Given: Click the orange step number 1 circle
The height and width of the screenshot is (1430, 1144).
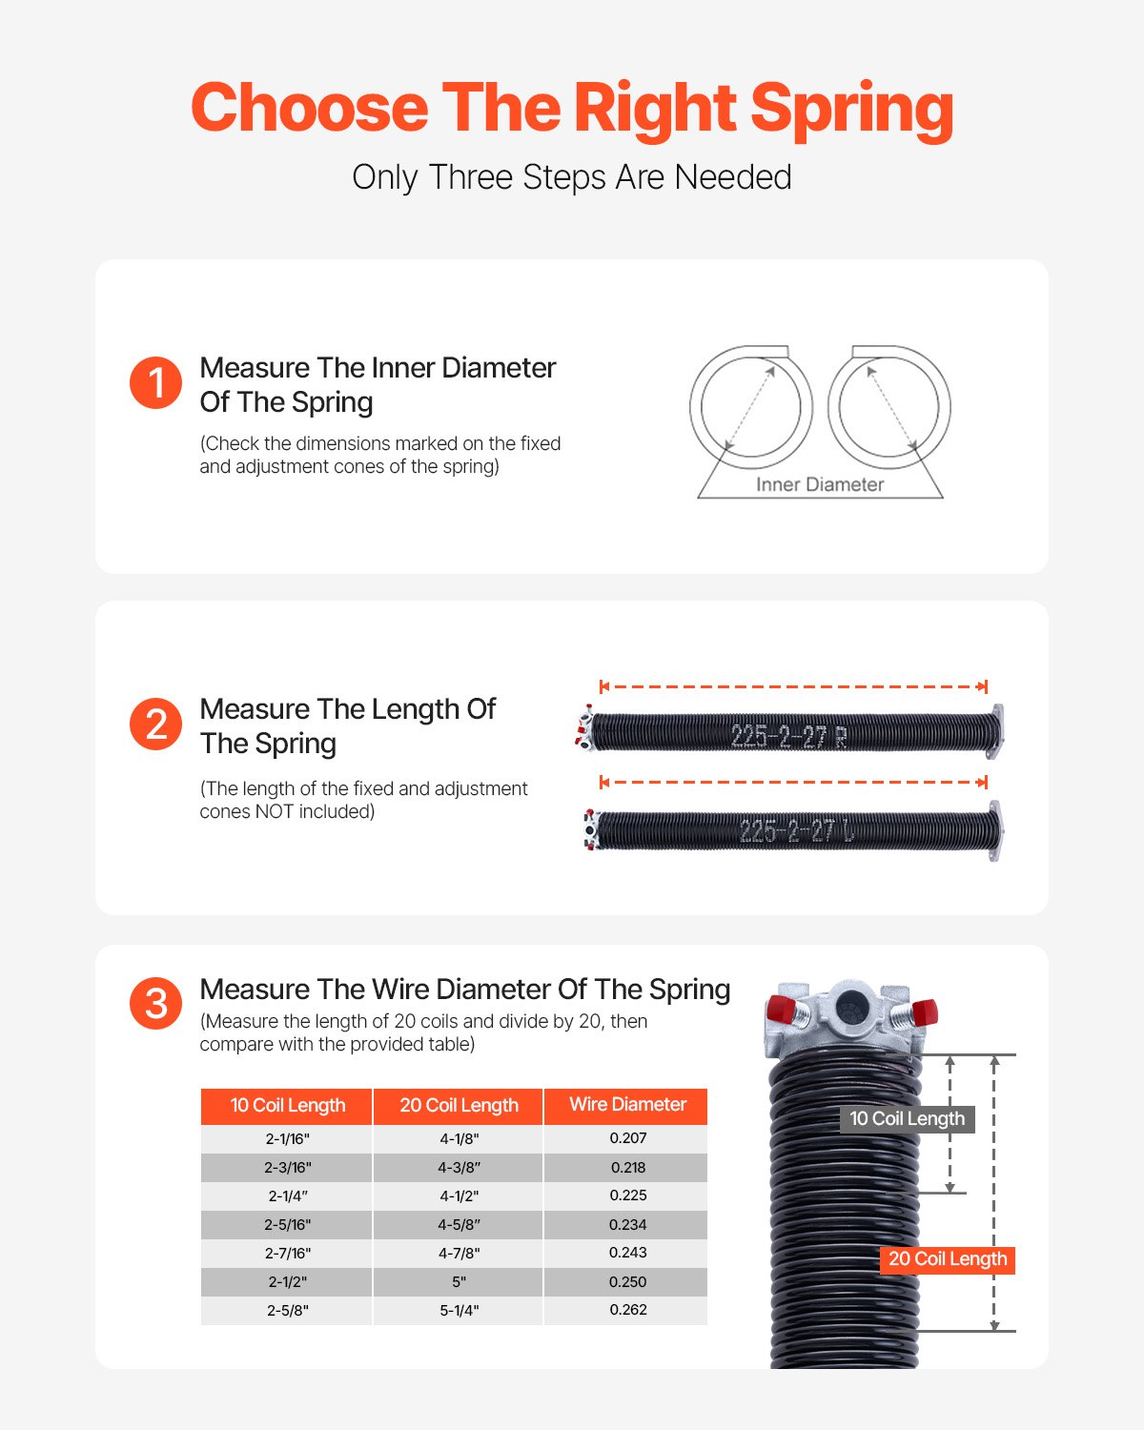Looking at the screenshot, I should (x=155, y=383).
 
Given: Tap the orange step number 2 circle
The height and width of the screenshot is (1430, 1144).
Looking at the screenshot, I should (x=155, y=725).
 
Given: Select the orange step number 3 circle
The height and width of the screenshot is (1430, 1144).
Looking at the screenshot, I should (x=155, y=1003).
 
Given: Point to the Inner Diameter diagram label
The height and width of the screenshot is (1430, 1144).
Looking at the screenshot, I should (x=820, y=484).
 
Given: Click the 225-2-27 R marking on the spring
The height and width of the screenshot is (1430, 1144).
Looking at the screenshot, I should (x=787, y=736).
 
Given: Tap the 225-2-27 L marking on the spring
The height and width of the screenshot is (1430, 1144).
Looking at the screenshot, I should (x=796, y=831).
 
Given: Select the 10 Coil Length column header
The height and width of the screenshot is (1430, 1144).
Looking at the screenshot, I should (x=287, y=1106).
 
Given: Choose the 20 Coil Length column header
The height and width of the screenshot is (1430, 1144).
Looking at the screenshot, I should (x=459, y=1106).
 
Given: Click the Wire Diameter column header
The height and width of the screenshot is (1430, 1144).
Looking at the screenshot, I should (x=627, y=1105).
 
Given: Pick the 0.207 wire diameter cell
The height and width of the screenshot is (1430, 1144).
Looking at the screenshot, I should (x=627, y=1138).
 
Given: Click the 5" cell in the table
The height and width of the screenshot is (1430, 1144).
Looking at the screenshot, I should (x=459, y=1282).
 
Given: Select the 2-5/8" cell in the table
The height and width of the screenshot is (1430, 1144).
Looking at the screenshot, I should (x=287, y=1311).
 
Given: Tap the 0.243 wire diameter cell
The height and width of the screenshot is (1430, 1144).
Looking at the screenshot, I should (x=627, y=1253).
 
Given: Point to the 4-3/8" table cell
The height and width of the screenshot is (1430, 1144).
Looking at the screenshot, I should (x=459, y=1168).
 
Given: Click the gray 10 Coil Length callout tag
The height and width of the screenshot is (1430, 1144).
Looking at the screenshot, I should (x=907, y=1119).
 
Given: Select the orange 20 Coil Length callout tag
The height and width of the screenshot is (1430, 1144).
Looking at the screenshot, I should (x=947, y=1259).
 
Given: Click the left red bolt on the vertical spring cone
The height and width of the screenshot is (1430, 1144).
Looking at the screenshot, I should (x=782, y=1009).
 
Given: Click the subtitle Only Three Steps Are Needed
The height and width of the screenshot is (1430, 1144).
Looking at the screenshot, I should (x=572, y=177).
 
